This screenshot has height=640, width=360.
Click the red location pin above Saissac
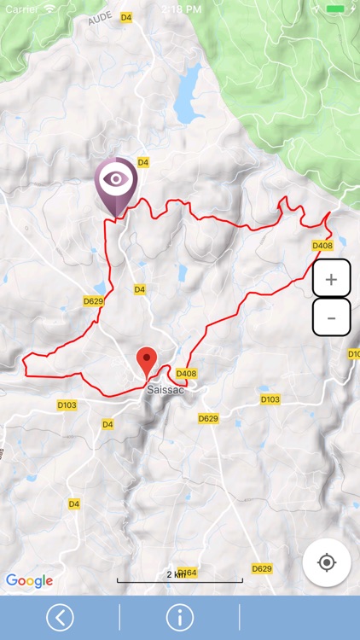tap(148, 358)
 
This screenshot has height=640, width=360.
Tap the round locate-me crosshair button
tap(326, 562)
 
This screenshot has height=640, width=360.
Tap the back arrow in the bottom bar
tap(60, 617)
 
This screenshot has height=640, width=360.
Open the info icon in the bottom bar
tap(179, 617)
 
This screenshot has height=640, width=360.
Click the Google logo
tap(29, 581)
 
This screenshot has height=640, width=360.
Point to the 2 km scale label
tap(176, 575)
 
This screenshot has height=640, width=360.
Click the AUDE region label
tap(100, 18)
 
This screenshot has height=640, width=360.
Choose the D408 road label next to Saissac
tap(186, 374)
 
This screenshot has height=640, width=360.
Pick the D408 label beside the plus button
tap(322, 246)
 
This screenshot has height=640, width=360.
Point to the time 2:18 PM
tap(179, 8)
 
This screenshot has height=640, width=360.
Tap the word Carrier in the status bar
tap(21, 8)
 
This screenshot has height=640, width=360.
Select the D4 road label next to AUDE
tap(125, 17)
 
